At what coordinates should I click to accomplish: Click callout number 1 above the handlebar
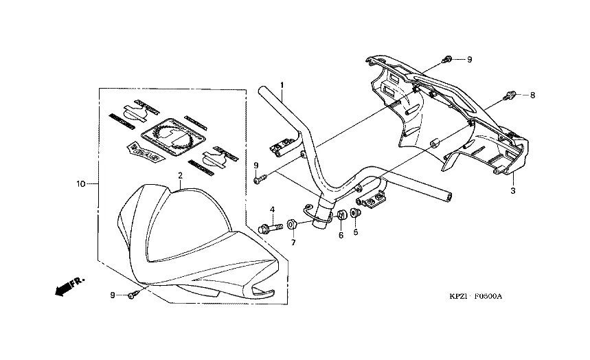click(282, 85)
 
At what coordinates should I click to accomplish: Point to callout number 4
click(272, 210)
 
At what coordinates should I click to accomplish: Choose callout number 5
click(355, 232)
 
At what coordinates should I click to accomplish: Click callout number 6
click(340, 235)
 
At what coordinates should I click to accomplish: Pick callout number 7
click(293, 242)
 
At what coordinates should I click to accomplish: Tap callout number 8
click(532, 95)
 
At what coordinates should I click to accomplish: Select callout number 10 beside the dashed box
click(81, 184)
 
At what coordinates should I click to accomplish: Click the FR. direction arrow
click(66, 284)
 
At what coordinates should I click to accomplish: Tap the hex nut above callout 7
click(291, 224)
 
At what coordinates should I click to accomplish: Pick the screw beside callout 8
click(510, 95)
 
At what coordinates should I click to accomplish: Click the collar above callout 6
click(339, 217)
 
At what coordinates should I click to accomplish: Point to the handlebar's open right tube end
click(450, 196)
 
